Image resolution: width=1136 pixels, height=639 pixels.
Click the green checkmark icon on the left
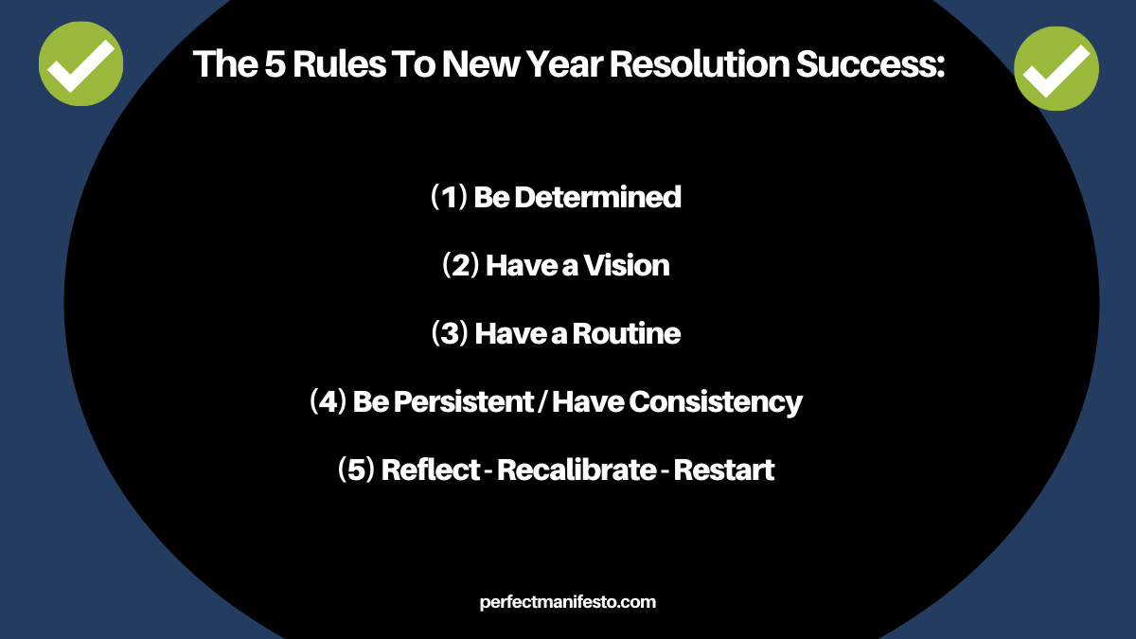pos(81,64)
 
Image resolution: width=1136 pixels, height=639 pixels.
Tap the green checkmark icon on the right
pos(1056,68)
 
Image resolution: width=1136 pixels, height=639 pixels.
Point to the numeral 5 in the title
pos(275,64)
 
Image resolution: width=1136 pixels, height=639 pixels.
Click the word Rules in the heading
pos(339,64)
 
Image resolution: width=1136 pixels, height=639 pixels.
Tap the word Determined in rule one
pos(597,197)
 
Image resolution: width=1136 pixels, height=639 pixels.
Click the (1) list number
pos(449,197)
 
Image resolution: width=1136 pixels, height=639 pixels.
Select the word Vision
pos(627,265)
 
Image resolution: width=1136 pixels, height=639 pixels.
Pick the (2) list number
pos(460,265)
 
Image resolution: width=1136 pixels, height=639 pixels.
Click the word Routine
pos(627,333)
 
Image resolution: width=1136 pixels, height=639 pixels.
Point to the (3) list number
pos(450,333)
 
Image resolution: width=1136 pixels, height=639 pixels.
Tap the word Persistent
pos(464,401)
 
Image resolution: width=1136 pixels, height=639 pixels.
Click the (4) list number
pos(328,401)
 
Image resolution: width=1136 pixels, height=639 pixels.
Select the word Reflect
pos(430,470)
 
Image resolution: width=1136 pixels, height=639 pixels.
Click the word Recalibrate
pos(577,470)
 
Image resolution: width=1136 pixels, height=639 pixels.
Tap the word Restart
pos(723,470)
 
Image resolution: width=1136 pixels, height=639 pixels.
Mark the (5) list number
pos(356,470)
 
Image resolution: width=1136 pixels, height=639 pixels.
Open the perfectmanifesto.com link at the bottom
pos(567,602)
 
